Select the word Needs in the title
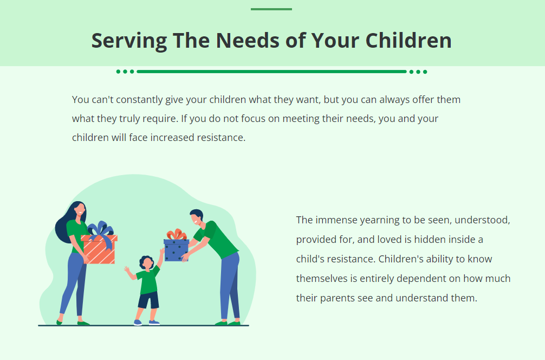(x=243, y=41)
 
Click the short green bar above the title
(x=271, y=9)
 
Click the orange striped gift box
(x=99, y=250)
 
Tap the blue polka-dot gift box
(x=176, y=250)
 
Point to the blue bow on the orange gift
(x=100, y=232)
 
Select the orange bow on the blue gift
(x=176, y=235)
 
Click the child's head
(x=146, y=263)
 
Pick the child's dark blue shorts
(x=148, y=299)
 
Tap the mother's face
(x=79, y=210)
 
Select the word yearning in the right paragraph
(x=378, y=220)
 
